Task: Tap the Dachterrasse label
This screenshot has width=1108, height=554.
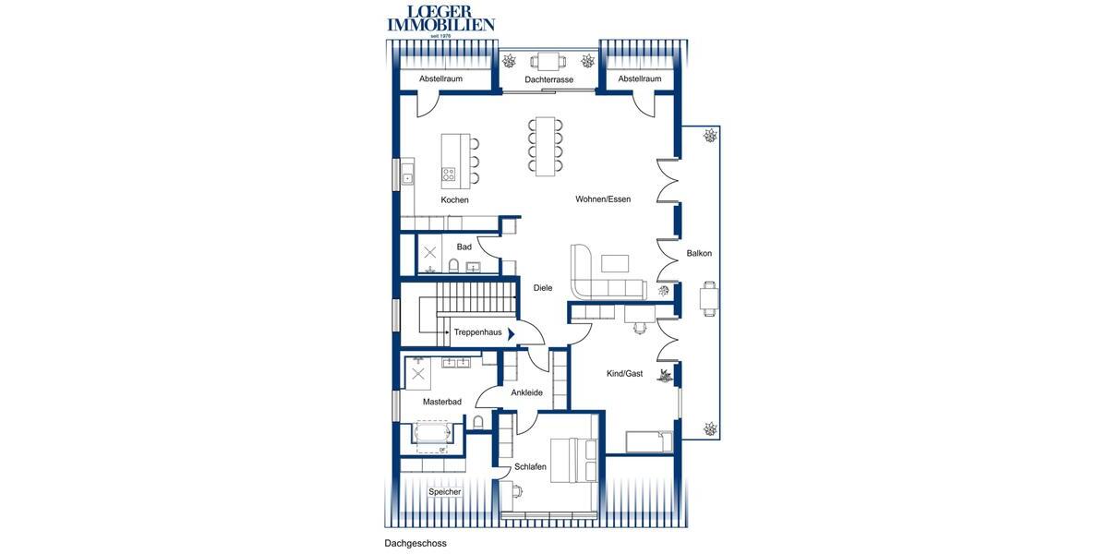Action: [548, 80]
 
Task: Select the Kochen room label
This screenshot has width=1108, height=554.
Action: [454, 199]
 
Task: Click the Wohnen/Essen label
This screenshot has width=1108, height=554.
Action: [603, 199]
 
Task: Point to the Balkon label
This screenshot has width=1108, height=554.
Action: [699, 253]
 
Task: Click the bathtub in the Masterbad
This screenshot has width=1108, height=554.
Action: [431, 434]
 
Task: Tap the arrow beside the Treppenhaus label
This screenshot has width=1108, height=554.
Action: [511, 332]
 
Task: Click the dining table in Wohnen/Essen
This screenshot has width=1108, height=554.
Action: [545, 145]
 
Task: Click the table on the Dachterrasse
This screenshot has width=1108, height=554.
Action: [548, 62]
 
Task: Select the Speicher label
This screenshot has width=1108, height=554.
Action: [444, 492]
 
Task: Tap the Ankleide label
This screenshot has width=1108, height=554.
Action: [526, 392]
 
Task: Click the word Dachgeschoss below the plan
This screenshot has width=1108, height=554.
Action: [415, 544]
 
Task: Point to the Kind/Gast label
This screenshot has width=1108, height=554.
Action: [624, 374]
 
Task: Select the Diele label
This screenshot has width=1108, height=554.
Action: [543, 288]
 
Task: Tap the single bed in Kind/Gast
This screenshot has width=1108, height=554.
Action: [650, 441]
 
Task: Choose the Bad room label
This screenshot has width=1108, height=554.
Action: [464, 247]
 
